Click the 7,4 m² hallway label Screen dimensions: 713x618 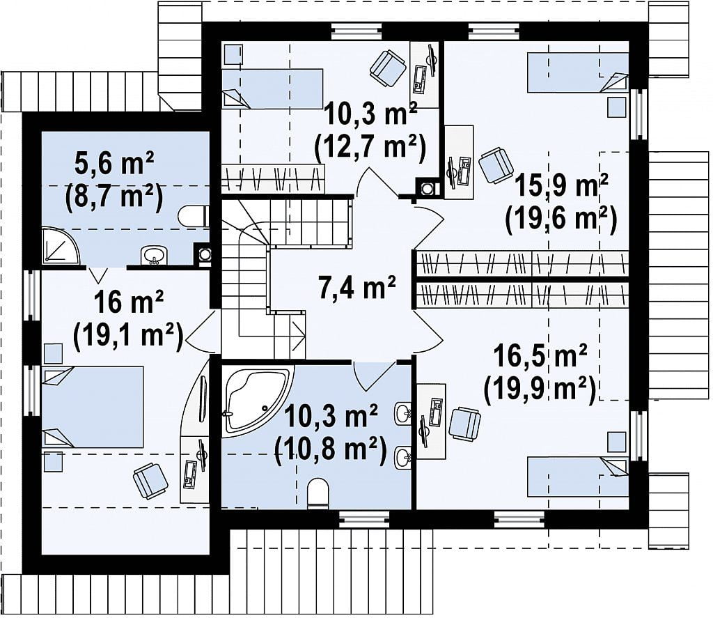[357, 288]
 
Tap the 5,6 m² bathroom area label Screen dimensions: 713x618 [114, 164]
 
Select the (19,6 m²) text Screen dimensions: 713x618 [561, 219]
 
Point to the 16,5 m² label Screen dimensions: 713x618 [540, 356]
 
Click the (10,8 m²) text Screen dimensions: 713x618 [330, 449]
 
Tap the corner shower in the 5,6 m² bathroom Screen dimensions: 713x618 [60, 246]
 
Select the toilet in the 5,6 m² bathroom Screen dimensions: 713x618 [194, 217]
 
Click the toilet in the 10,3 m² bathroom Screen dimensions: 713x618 [318, 494]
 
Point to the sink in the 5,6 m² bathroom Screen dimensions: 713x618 [154, 255]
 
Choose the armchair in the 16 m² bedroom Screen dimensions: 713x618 [150, 481]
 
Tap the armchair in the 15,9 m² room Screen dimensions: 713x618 [496, 164]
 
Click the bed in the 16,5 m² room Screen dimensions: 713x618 [577, 476]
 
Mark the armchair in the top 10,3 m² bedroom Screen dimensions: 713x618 [388, 68]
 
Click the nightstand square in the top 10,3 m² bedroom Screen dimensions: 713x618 [235, 54]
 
